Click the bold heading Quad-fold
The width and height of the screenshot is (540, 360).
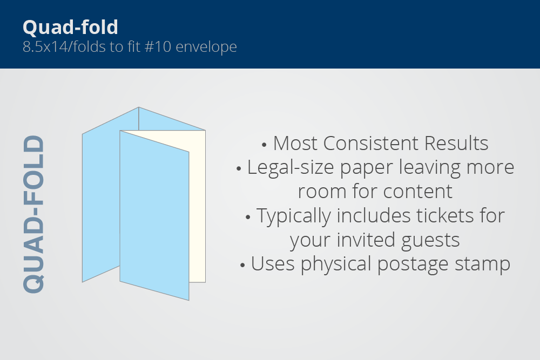[x=71, y=27]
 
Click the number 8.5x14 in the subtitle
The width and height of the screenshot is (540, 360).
[x=45, y=46]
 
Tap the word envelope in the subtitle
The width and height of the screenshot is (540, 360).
[x=206, y=47]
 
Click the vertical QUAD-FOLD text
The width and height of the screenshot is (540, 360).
[x=33, y=214]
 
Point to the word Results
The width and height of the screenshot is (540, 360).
[x=456, y=143]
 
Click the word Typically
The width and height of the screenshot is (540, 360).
[x=293, y=216]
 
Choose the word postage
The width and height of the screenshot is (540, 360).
[x=413, y=264]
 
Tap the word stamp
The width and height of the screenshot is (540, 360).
[x=482, y=264]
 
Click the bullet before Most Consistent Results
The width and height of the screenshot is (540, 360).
[x=264, y=145]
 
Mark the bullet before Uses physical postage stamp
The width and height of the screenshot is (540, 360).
[x=242, y=266]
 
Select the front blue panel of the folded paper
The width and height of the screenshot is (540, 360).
[x=154, y=215]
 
